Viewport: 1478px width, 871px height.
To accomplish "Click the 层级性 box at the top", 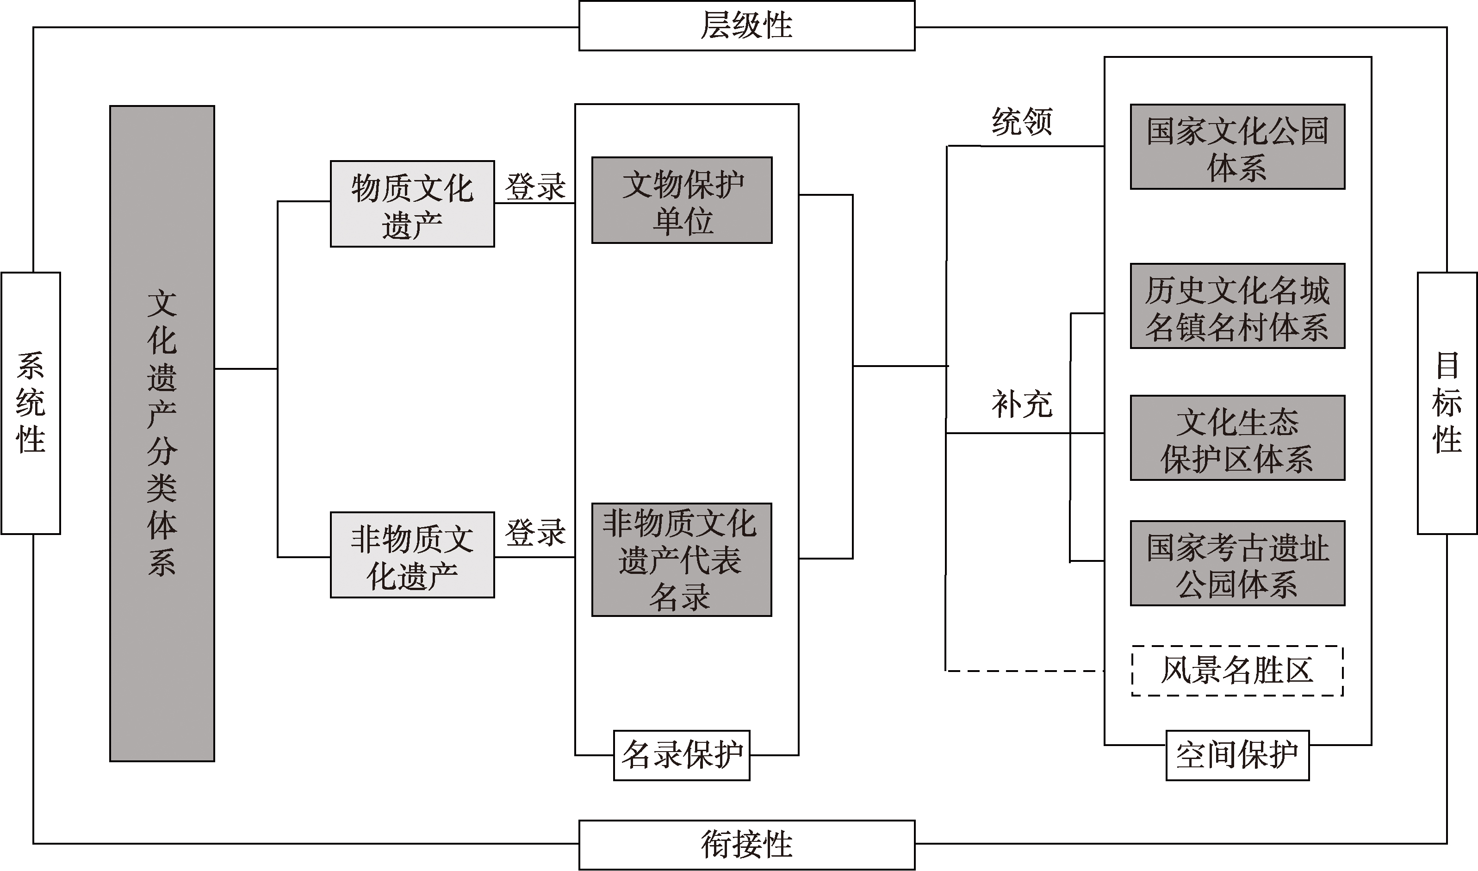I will pyautogui.click(x=746, y=26).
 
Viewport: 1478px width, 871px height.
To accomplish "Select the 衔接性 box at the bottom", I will pyautogui.click(x=746, y=845).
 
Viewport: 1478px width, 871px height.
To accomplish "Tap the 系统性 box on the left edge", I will pyautogui.click(x=31, y=403).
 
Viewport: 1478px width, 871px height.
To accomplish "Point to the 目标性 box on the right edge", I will pyautogui.click(x=1447, y=403).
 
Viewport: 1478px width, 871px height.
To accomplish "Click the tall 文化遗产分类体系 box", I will pyautogui.click(x=162, y=434).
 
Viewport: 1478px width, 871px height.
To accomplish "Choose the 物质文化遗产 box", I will pyautogui.click(x=412, y=204).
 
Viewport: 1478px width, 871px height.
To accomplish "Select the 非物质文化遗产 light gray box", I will pyautogui.click(x=412, y=554).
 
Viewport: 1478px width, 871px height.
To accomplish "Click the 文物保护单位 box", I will pyautogui.click(x=682, y=200).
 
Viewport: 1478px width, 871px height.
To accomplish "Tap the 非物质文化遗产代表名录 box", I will pyautogui.click(x=681, y=560).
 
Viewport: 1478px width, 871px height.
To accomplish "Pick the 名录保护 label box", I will pyautogui.click(x=681, y=755).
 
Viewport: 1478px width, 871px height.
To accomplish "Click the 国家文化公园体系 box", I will pyautogui.click(x=1237, y=147).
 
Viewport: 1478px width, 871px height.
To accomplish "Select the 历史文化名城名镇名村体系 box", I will pyautogui.click(x=1237, y=306).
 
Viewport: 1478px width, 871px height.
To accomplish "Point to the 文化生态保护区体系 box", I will pyautogui.click(x=1237, y=438).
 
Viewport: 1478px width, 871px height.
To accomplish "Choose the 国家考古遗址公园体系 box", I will pyautogui.click(x=1237, y=563).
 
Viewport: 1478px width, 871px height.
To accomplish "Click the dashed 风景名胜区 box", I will pyautogui.click(x=1237, y=671).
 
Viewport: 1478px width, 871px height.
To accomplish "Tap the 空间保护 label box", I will pyautogui.click(x=1237, y=755).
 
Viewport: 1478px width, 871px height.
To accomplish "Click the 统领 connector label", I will pyautogui.click(x=1022, y=122).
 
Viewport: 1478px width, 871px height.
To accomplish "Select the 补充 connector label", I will pyautogui.click(x=1022, y=404).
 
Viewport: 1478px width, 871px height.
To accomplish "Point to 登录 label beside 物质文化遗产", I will pyautogui.click(x=535, y=187).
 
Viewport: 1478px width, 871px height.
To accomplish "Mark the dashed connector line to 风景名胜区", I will pyautogui.click(x=1025, y=670).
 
